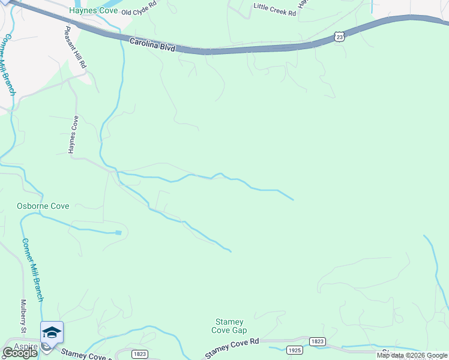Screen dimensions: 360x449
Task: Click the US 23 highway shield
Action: point(340,37)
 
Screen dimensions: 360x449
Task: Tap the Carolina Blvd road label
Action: point(152,44)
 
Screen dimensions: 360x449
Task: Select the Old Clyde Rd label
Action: point(139,12)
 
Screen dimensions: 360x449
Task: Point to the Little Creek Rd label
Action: point(275,10)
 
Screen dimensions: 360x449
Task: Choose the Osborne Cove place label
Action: point(43,206)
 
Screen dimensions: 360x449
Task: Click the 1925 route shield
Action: point(295,349)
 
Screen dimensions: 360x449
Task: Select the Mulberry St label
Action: point(24,316)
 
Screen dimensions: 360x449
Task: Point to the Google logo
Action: point(20,353)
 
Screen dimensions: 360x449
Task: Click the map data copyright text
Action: point(412,355)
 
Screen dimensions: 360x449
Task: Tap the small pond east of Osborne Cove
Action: point(118,232)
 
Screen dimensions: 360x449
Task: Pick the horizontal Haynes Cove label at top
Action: point(93,10)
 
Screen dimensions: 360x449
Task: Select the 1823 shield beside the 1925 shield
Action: point(318,341)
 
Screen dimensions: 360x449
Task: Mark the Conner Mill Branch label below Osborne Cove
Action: point(34,270)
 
